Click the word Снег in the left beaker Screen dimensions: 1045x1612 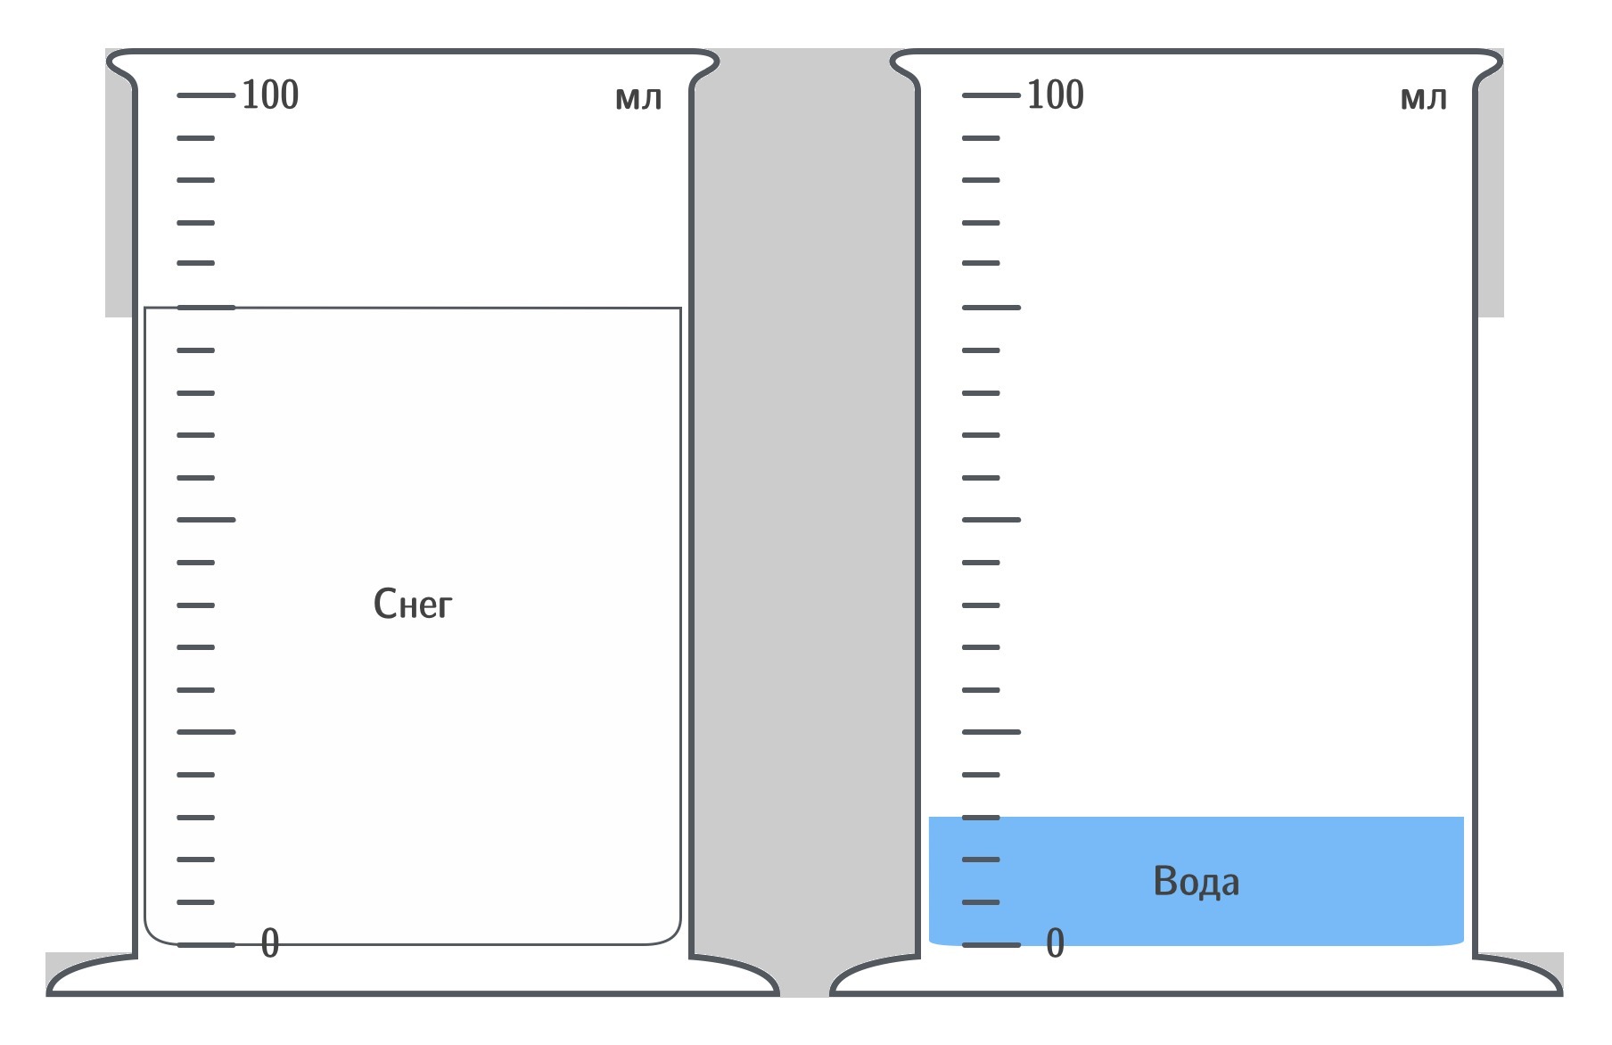(x=413, y=605)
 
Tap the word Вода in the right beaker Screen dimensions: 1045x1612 (x=1196, y=882)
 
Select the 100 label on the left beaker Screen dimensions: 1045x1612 (x=270, y=95)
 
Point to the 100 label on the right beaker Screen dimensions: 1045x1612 (x=1055, y=95)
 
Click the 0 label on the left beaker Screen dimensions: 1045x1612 (x=270, y=943)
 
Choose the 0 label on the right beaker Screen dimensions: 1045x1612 (x=1055, y=943)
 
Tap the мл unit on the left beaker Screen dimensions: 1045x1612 (x=638, y=98)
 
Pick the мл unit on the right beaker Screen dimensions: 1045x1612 (x=1423, y=98)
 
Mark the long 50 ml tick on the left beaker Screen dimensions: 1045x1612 (x=206, y=519)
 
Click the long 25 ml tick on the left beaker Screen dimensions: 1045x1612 (x=206, y=732)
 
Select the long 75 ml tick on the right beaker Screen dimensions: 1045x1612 (x=991, y=308)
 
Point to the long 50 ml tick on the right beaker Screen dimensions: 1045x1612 (x=991, y=519)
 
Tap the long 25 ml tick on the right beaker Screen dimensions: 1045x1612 (x=991, y=732)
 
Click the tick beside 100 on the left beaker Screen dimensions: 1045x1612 (x=206, y=95)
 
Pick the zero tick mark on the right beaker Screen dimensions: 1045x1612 (x=991, y=944)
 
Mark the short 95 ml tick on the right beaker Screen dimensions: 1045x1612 (x=981, y=138)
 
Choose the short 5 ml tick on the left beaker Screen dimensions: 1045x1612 (x=196, y=902)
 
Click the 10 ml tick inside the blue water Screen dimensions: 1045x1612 (x=981, y=860)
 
